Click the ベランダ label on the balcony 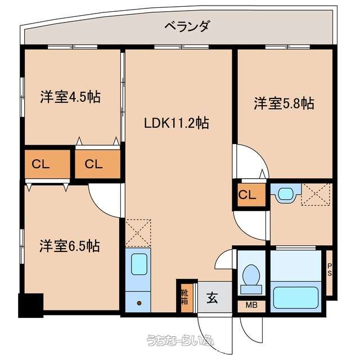pos(187,26)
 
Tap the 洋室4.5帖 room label pos(70,97)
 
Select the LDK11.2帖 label pos(176,123)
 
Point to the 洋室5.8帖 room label pos(284,103)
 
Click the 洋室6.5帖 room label pos(70,246)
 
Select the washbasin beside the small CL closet pos(286,194)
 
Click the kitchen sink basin pos(139,264)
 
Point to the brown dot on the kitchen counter pos(139,303)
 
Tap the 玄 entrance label pos(213,298)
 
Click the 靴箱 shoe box pos(185,297)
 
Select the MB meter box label pos(251,305)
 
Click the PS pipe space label pos(330,269)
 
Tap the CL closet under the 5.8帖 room pos(251,195)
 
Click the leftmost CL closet pos(47,164)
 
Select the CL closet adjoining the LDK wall pos(97,164)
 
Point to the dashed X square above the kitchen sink pos(138,233)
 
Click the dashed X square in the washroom pos(316,195)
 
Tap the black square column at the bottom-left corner pos(31,305)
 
